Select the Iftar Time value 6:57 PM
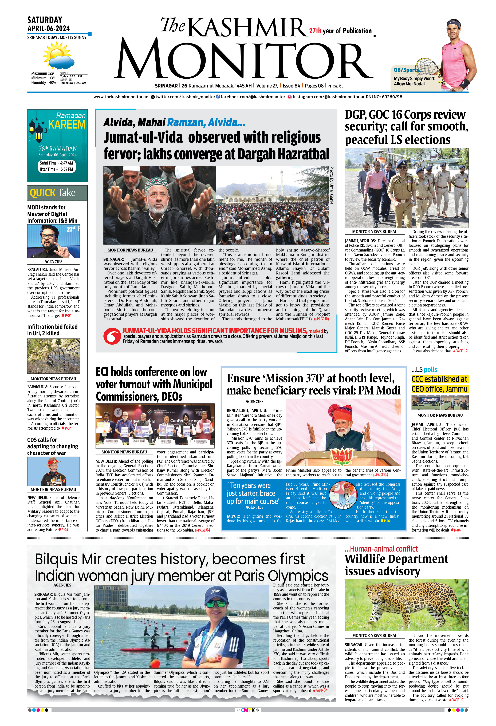(x=67, y=169)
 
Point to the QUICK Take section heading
(x=53, y=193)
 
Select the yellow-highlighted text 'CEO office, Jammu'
(x=439, y=389)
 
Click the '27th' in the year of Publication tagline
(x=315, y=31)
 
